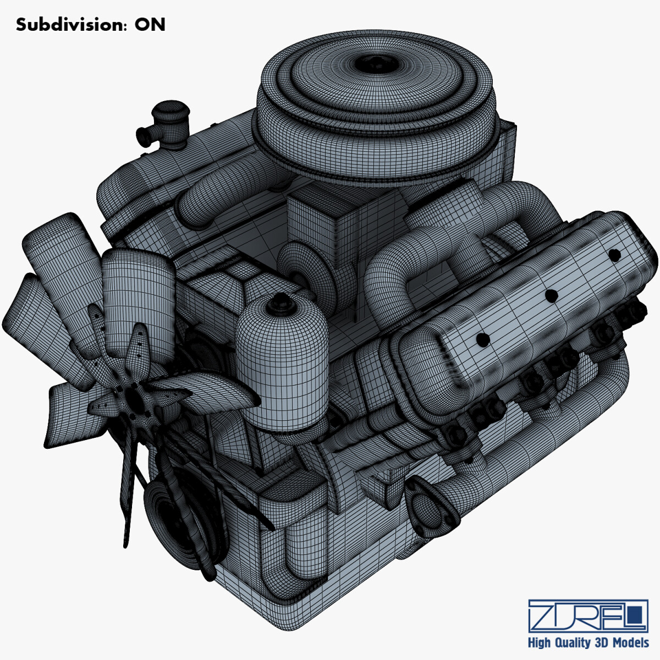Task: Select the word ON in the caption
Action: click(150, 25)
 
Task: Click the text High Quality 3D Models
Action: click(588, 642)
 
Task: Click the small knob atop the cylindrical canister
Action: click(280, 300)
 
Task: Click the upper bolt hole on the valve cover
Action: click(614, 254)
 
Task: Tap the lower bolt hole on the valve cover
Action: click(483, 340)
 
